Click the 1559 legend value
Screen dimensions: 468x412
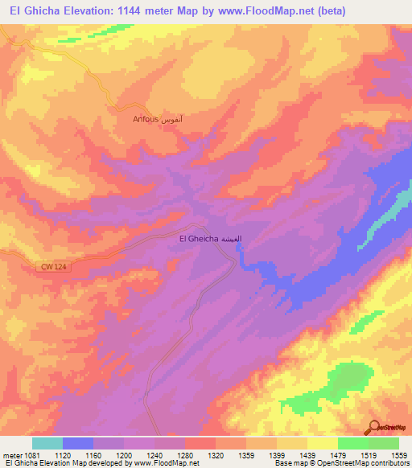(399, 454)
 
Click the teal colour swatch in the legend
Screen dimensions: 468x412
(47, 443)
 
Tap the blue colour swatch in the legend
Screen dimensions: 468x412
(78, 443)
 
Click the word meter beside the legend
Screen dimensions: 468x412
(11, 454)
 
